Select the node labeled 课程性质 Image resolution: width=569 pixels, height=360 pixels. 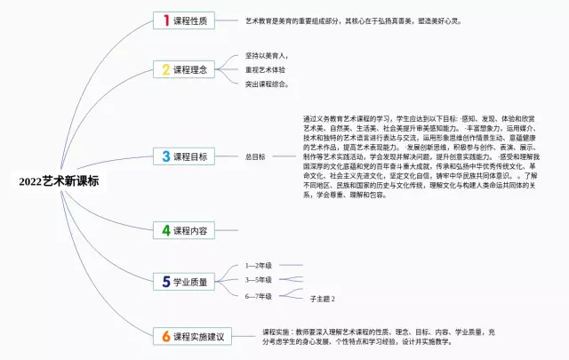coord(190,20)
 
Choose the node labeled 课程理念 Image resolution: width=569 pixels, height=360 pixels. coord(190,68)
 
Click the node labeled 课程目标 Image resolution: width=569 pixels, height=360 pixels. coord(190,156)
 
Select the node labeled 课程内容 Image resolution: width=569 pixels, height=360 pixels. coord(190,230)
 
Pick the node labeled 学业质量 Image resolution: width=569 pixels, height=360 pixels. coord(190,282)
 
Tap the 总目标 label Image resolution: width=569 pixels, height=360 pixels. coord(255,156)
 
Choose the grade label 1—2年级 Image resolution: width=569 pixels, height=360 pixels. coord(259,265)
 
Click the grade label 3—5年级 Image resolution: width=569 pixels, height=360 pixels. coord(259,279)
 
